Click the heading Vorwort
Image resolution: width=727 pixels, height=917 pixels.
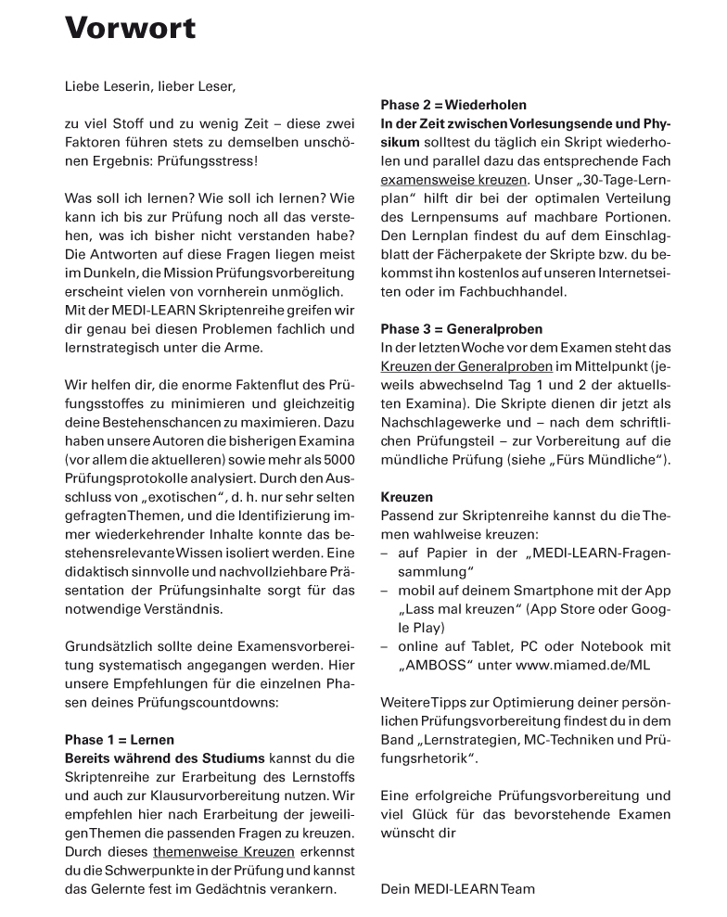[x=130, y=28]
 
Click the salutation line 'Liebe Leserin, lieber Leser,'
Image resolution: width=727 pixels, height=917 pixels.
[x=150, y=87]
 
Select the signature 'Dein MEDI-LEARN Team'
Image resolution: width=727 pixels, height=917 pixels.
[x=458, y=889]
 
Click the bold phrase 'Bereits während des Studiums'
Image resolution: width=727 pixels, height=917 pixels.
[x=164, y=758]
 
